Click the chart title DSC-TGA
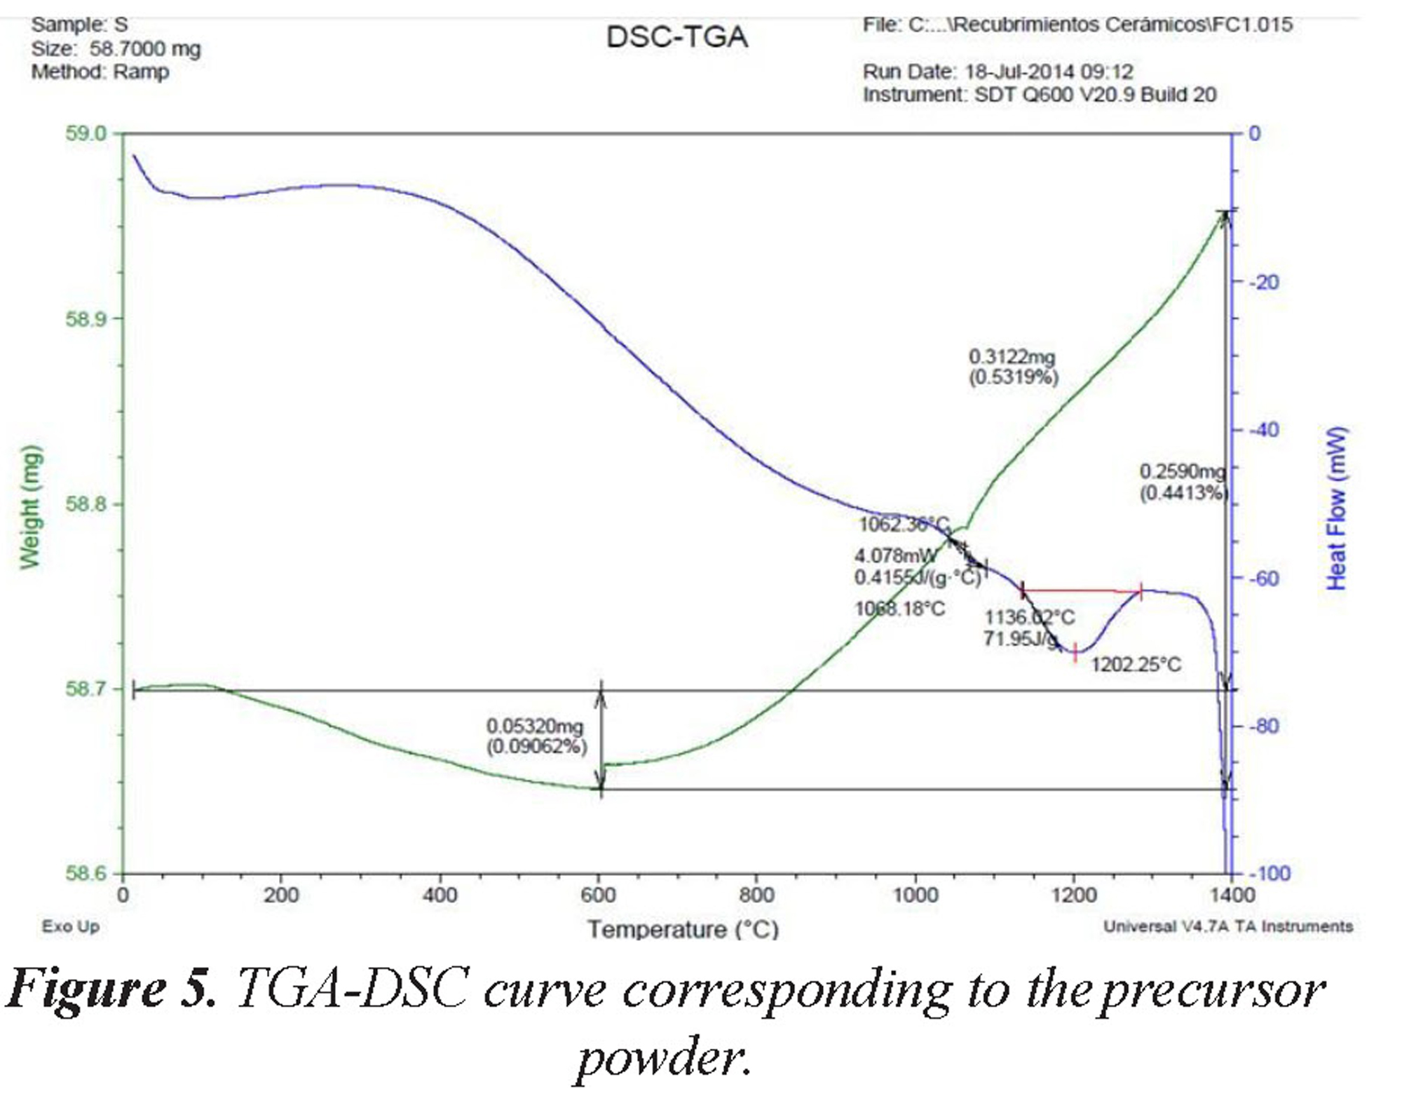[676, 37]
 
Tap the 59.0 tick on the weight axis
[86, 133]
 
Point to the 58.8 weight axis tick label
[86, 504]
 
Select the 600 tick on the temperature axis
[598, 895]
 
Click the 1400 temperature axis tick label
[1232, 895]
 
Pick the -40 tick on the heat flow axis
[1264, 430]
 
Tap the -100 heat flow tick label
[1269, 874]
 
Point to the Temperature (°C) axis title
[683, 930]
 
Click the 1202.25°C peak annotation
[1136, 664]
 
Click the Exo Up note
[70, 926]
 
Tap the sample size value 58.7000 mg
[145, 49]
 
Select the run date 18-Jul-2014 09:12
[1049, 72]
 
